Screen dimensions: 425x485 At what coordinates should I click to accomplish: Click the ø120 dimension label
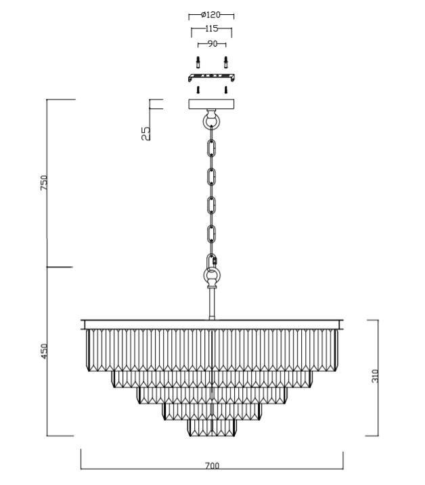pos(210,14)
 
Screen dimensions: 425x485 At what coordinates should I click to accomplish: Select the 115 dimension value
pos(212,28)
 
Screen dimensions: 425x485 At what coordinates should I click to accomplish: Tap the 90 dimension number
pos(212,44)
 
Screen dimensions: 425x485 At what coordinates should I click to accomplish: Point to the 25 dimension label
pos(146,133)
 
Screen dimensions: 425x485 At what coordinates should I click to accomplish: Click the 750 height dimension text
pos(44,182)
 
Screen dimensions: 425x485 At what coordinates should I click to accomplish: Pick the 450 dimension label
pos(44,352)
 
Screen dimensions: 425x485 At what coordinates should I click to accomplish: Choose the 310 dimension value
pos(375,376)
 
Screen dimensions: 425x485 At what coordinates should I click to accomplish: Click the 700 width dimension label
pos(212,466)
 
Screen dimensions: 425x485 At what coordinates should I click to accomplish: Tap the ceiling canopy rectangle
pos(212,104)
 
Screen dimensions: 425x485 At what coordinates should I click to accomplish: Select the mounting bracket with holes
pos(211,77)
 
